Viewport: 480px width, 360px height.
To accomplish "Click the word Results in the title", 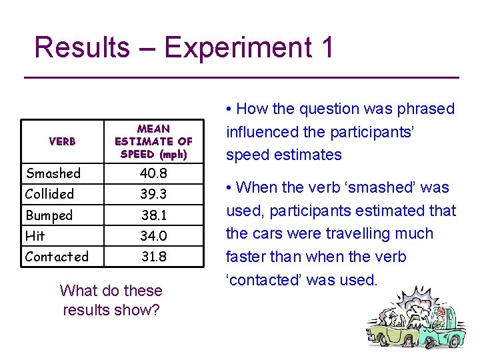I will [81, 48].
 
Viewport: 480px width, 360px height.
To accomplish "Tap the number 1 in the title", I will [326, 48].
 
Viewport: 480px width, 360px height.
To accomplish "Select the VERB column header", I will [62, 141].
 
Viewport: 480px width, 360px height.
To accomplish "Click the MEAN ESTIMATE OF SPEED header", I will [153, 141].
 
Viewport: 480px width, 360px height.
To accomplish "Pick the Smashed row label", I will [53, 173].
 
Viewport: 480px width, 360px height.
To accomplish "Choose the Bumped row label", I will [49, 215].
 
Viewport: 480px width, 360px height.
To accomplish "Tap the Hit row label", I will [35, 236].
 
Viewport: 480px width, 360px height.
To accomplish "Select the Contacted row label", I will [57, 257].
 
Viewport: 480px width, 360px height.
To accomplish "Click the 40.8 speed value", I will [153, 173].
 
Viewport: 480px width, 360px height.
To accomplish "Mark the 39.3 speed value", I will [153, 194].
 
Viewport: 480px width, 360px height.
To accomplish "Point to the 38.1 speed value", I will [153, 215].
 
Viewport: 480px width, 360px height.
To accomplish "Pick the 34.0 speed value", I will [153, 236].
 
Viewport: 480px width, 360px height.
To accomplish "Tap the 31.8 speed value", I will [153, 257].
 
